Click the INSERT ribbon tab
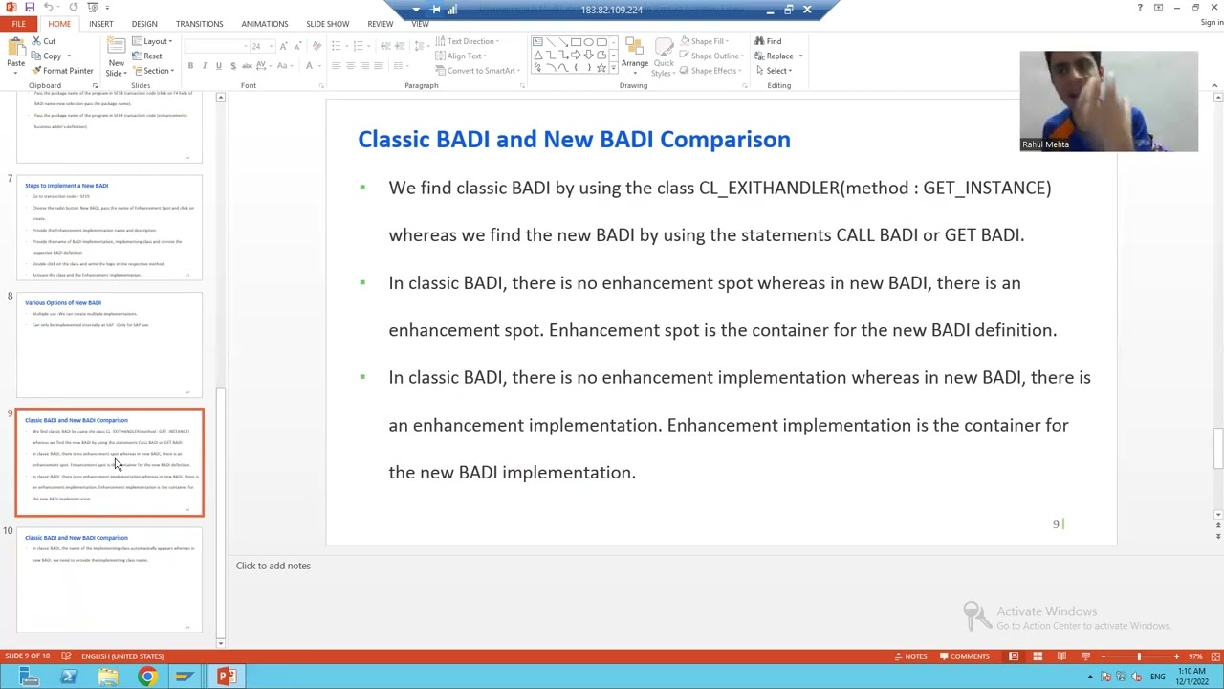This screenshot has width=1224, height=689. [100, 24]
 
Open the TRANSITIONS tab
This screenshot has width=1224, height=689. [199, 24]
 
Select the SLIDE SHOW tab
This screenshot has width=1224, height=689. [327, 24]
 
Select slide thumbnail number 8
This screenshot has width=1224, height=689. [109, 344]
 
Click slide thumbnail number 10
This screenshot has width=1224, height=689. [109, 580]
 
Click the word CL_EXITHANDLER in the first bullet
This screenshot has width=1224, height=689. [770, 188]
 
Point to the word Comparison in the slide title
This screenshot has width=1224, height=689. [724, 140]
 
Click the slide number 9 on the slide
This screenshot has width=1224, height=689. [1056, 523]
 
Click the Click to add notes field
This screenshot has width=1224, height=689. [273, 566]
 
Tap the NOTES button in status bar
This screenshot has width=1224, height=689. [909, 656]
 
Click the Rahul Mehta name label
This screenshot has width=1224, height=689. [1045, 144]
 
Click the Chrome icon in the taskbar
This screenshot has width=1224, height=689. [146, 678]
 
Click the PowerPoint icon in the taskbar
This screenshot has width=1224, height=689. [226, 678]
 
